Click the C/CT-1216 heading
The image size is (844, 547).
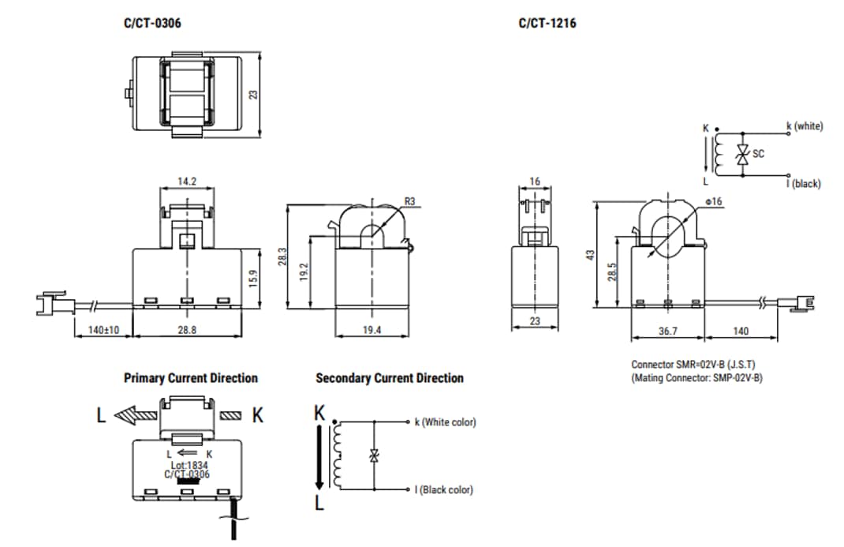click(547, 23)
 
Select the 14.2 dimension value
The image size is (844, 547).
click(186, 182)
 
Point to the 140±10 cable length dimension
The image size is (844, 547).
click(103, 330)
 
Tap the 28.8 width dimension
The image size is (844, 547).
click(186, 330)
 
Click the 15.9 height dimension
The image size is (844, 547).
click(252, 279)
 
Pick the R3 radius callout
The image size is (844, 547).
click(409, 201)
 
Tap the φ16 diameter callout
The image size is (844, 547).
click(715, 201)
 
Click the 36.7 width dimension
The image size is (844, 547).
click(667, 332)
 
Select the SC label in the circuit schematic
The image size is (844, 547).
click(758, 154)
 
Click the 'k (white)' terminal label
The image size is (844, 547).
click(804, 126)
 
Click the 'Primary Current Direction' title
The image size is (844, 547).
click(191, 378)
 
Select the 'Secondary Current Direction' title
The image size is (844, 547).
click(390, 378)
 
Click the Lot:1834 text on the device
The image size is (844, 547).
click(187, 465)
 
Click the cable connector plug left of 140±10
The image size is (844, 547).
click(50, 302)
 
